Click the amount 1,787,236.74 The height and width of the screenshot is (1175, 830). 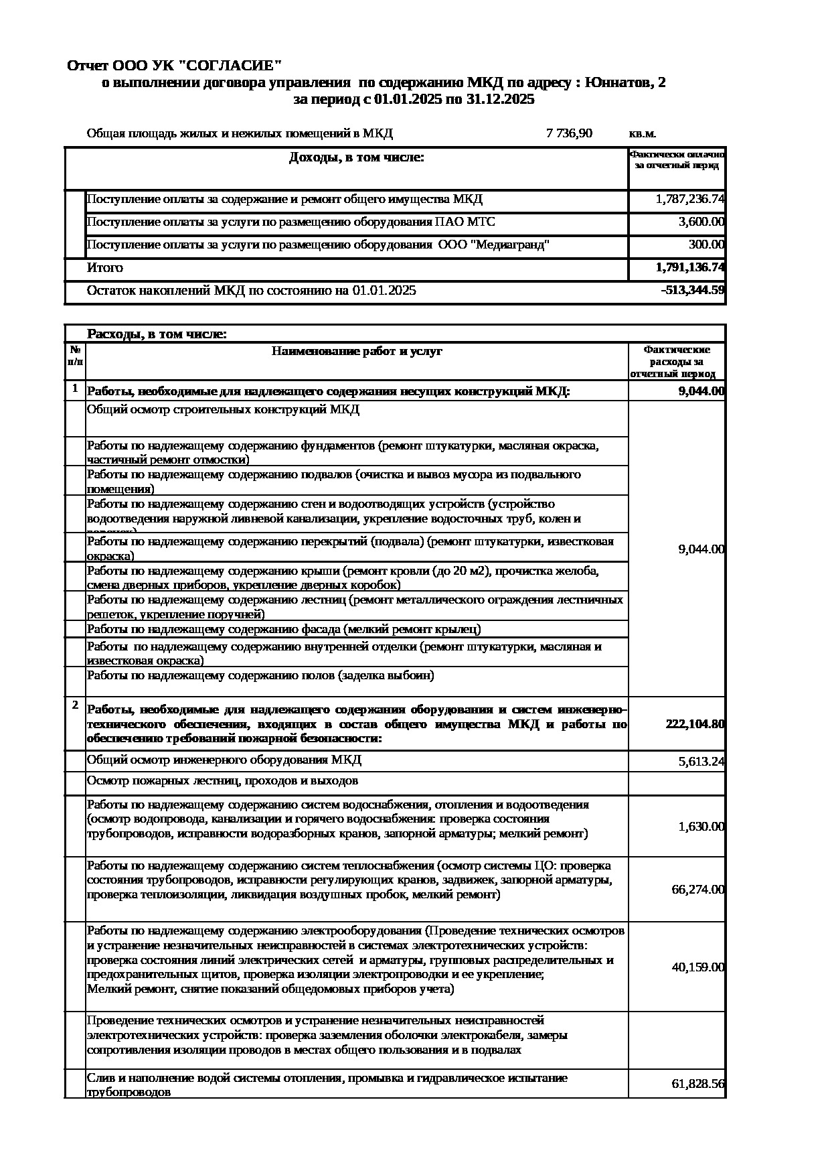(x=690, y=199)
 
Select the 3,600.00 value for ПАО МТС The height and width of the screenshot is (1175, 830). (x=701, y=222)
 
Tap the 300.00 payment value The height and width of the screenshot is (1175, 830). (x=706, y=245)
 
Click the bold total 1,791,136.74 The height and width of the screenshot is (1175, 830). (x=690, y=267)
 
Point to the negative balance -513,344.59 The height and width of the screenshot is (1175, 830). (x=692, y=290)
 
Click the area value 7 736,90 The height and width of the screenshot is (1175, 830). (x=569, y=133)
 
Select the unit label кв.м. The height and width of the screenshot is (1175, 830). (x=642, y=133)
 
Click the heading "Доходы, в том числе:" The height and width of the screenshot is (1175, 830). (x=356, y=157)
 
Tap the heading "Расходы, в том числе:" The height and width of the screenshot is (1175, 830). (x=157, y=334)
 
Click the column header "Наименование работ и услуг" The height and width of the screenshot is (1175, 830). (x=357, y=351)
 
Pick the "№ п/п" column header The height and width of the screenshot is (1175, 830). (x=75, y=355)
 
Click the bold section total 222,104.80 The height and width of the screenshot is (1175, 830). (x=695, y=724)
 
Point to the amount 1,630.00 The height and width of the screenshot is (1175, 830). (x=701, y=827)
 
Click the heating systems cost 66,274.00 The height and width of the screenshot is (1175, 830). (x=697, y=890)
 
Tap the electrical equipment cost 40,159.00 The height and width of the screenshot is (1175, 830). (x=697, y=967)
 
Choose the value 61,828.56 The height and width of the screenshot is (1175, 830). (x=697, y=1084)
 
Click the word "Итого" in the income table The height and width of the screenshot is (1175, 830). (x=105, y=267)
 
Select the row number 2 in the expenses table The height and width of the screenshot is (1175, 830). (x=75, y=705)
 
